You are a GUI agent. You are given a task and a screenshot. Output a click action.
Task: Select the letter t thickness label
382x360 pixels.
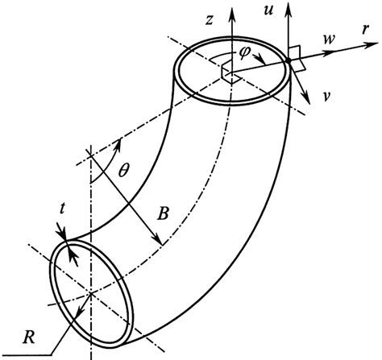pyautogui.click(x=63, y=228)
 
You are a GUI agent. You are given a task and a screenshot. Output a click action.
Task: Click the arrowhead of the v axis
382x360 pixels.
pyautogui.click(x=310, y=102)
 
